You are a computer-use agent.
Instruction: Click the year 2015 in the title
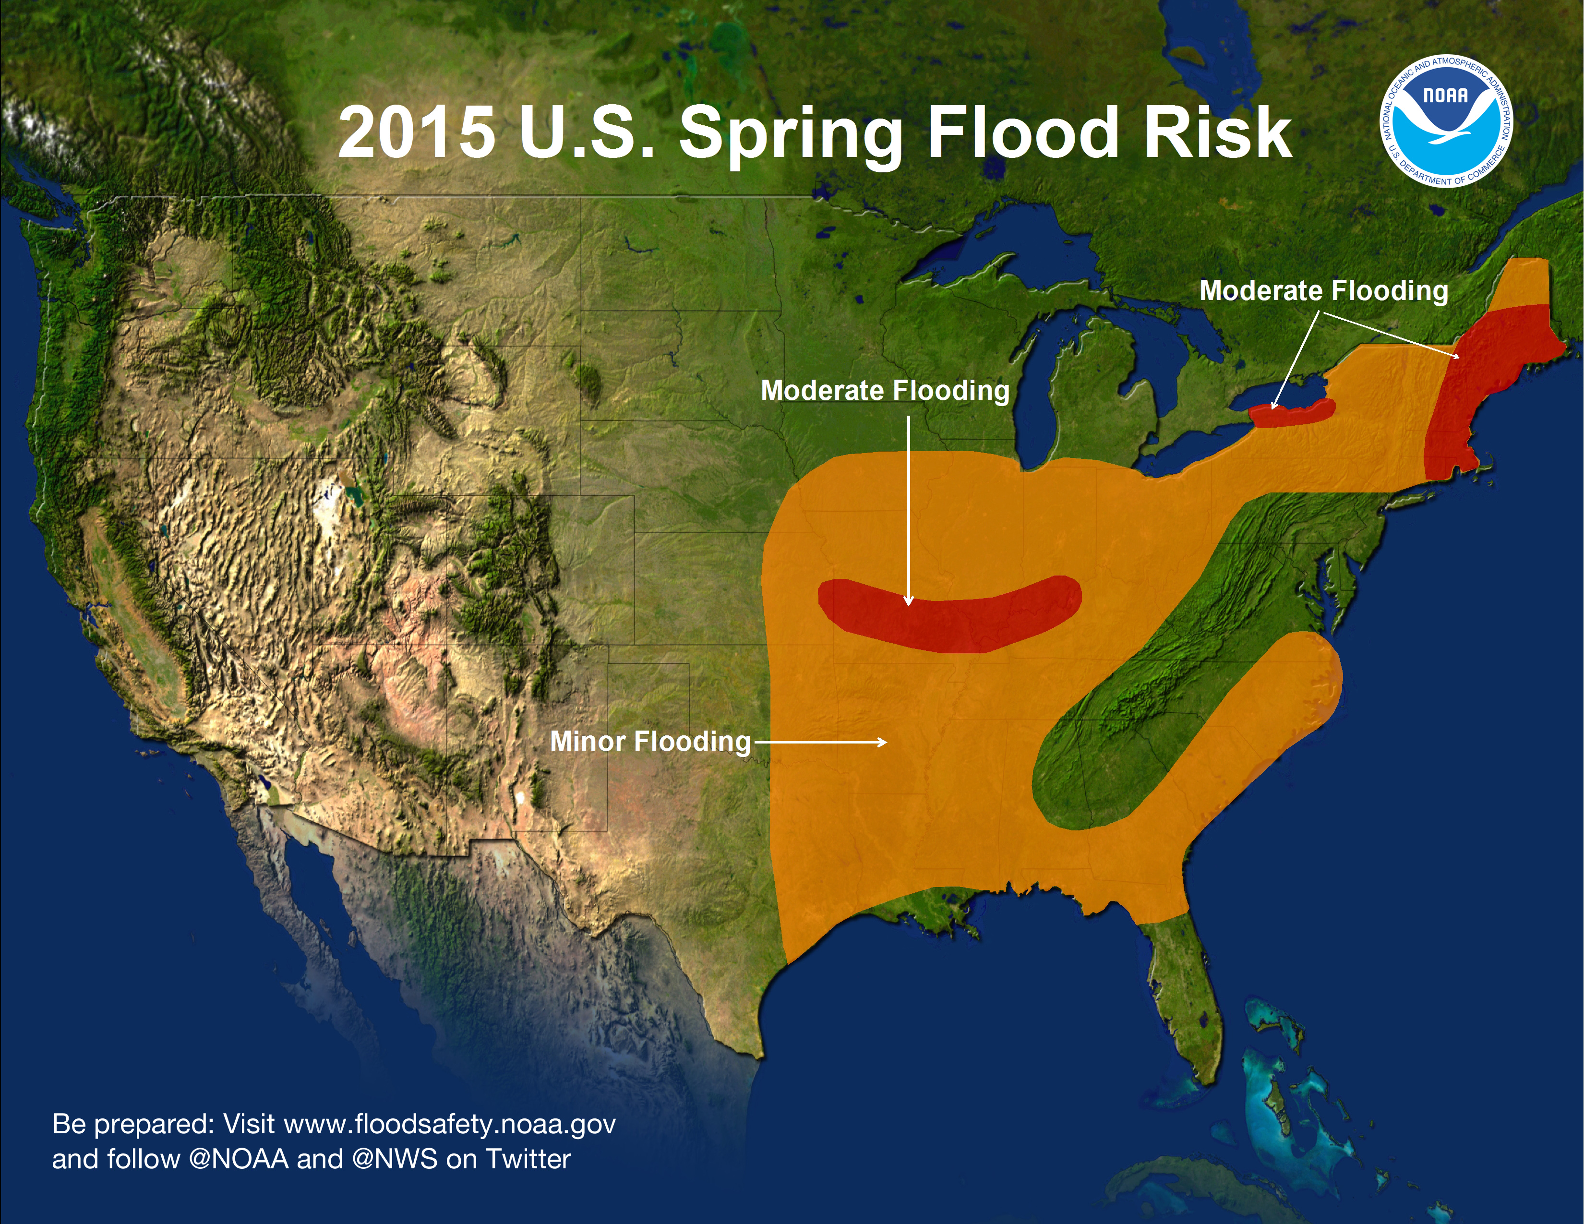(416, 132)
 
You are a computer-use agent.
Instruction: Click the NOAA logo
(1445, 120)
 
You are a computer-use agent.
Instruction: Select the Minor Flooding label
(650, 741)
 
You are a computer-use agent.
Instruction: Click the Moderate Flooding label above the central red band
(885, 390)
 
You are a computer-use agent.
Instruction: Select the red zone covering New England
(1479, 392)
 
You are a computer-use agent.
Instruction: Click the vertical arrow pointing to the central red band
(909, 507)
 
